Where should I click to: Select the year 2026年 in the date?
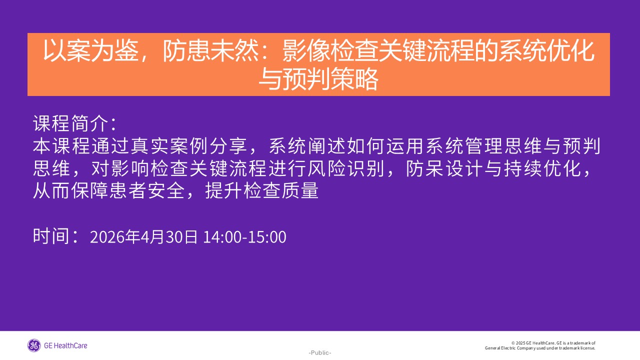point(114,237)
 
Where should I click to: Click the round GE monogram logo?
point(34,345)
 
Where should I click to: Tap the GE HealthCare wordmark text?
point(65,345)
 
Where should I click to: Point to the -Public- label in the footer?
point(319,353)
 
